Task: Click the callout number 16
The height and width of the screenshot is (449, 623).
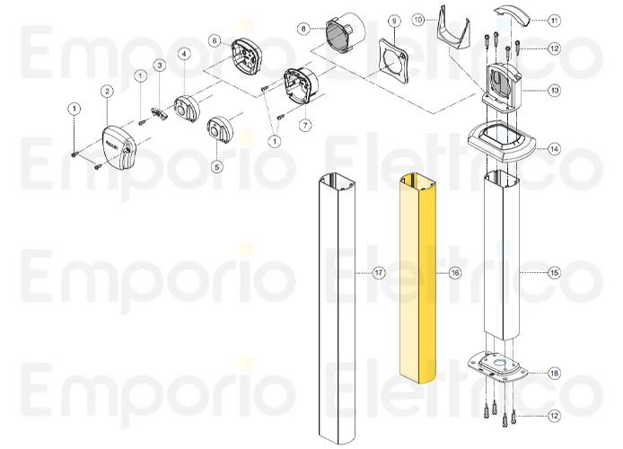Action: (455, 271)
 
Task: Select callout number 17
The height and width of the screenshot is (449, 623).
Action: (379, 271)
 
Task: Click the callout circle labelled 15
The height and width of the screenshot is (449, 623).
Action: (554, 271)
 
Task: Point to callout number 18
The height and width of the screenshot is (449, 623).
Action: (554, 373)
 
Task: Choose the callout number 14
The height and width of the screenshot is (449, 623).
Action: (554, 149)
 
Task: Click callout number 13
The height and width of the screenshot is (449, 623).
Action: (554, 90)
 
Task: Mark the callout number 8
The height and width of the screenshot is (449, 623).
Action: (304, 28)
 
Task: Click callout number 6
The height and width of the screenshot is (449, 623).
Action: (215, 40)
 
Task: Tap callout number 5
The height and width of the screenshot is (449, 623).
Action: (216, 166)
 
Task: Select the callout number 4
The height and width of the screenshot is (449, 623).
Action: (183, 54)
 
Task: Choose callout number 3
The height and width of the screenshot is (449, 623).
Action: (159, 65)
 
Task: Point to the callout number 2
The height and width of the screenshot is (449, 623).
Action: (107, 91)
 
